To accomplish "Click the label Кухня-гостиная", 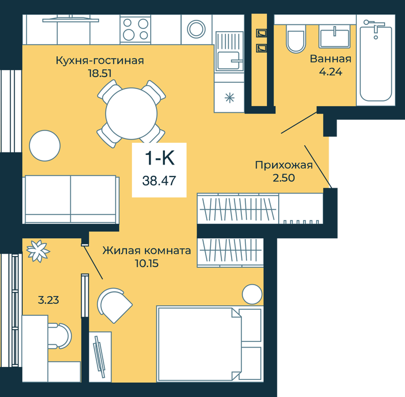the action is click(x=100, y=61).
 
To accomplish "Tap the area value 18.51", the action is click(x=100, y=74).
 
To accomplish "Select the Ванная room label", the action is click(x=331, y=59).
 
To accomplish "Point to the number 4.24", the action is click(x=331, y=71).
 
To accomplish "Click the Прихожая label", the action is click(x=284, y=165).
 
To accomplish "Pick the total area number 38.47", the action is click(x=159, y=180).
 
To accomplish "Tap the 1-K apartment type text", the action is click(x=160, y=158).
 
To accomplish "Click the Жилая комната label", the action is click(x=147, y=250).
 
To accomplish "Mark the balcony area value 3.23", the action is click(x=49, y=300).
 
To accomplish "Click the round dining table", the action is click(x=131, y=113).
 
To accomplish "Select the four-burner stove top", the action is click(x=135, y=29).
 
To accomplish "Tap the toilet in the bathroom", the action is click(x=296, y=39).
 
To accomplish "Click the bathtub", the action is click(x=376, y=61).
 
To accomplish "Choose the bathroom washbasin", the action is click(x=335, y=37).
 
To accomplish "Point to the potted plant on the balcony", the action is click(x=38, y=251).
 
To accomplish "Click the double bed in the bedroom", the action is click(x=210, y=344).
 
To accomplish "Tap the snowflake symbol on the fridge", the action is click(x=229, y=98).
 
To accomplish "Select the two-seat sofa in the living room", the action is click(x=70, y=200).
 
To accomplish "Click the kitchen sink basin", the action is click(x=228, y=61).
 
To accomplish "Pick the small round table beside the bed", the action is click(x=252, y=294).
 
